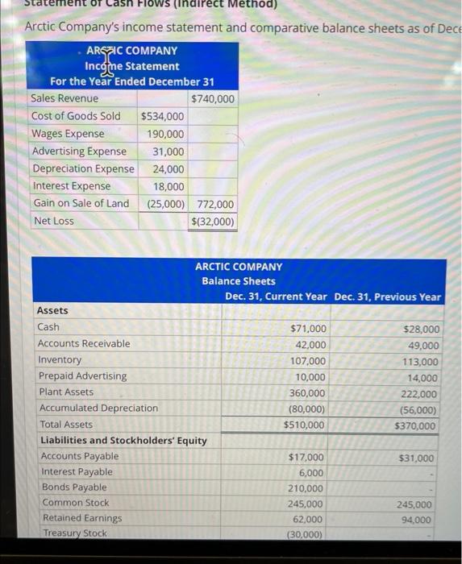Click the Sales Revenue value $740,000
click(x=213, y=98)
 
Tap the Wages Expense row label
click(x=68, y=134)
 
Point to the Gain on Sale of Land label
click(x=80, y=203)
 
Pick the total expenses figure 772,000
click(x=215, y=205)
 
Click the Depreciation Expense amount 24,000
click(x=168, y=169)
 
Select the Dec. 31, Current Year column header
click(x=276, y=297)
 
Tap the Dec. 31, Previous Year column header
click(x=387, y=297)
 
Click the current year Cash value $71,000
click(x=308, y=329)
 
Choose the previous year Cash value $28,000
click(x=422, y=329)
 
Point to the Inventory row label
click(x=60, y=360)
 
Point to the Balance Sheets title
click(x=238, y=281)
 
